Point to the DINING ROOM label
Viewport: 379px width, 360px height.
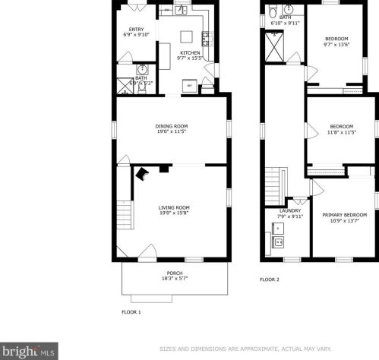coord(172,127)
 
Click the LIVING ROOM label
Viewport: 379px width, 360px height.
coord(173,207)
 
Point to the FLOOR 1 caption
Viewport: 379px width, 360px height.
coord(131,311)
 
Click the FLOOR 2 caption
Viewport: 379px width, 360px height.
coord(270,279)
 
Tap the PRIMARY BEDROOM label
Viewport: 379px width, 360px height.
coord(343,215)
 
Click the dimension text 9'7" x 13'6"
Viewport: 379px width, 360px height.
coord(336,44)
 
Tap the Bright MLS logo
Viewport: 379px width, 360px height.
coord(29,350)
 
